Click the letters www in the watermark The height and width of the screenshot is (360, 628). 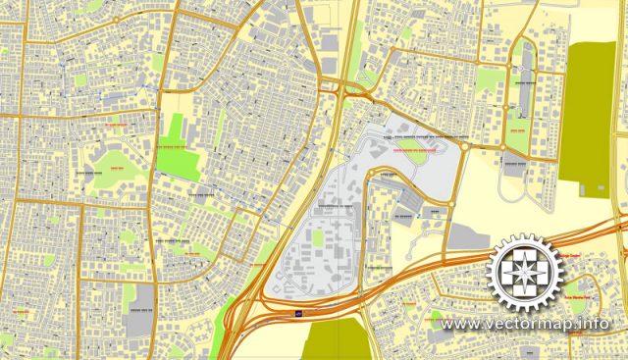coord(457,324)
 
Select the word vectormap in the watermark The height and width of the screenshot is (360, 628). coord(531,324)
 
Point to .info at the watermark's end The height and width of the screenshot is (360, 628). coord(594,324)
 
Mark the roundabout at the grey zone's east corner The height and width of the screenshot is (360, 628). coord(464,146)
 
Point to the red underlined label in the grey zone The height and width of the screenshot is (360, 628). coord(413,152)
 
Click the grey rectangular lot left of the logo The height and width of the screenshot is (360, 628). coord(469,236)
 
